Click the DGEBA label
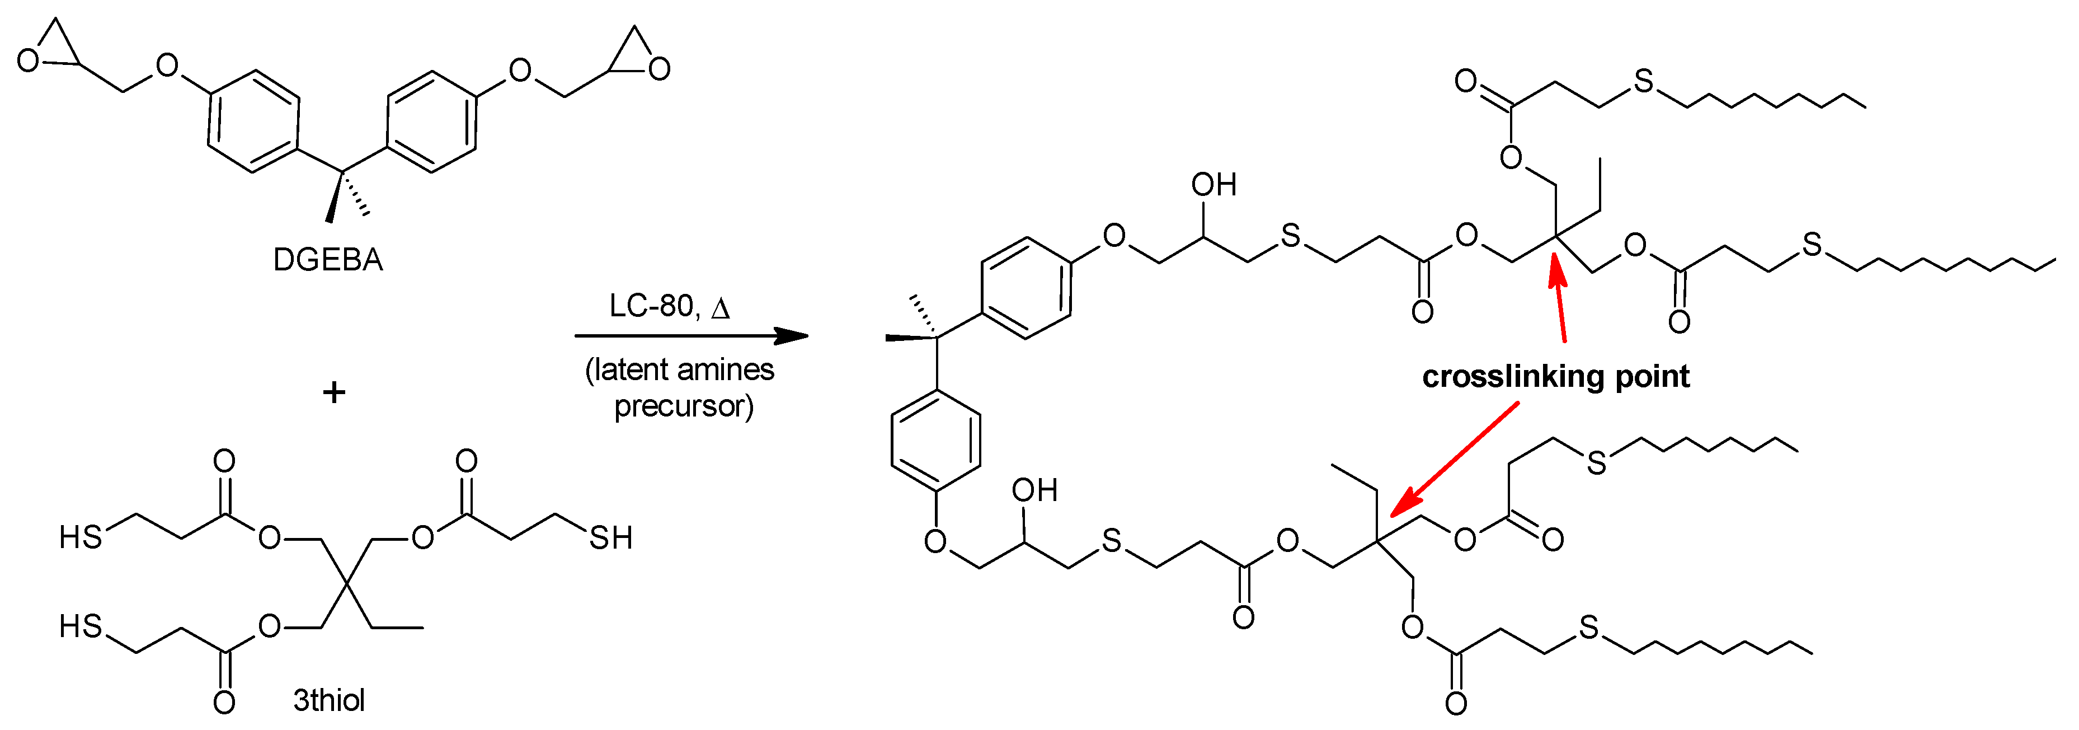(x=328, y=260)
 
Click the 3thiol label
(x=328, y=700)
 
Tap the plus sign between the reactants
(x=333, y=393)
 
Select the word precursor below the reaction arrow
(x=684, y=406)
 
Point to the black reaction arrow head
(x=791, y=336)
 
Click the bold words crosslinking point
(x=1555, y=376)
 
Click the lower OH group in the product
(x=1034, y=490)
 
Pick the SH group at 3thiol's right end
(x=610, y=538)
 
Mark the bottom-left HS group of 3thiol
(x=81, y=626)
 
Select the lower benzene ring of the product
(x=935, y=441)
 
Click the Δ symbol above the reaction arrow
(x=720, y=308)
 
